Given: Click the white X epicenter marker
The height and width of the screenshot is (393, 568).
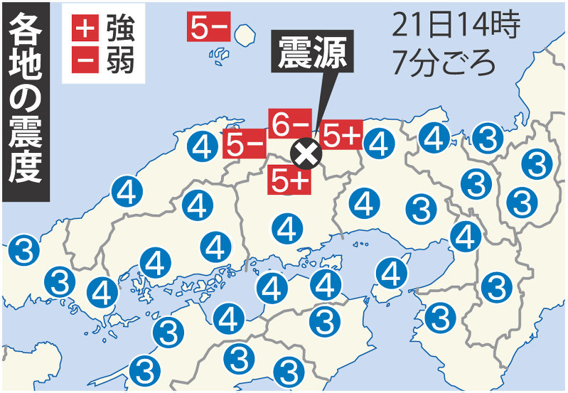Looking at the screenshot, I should coord(306,151).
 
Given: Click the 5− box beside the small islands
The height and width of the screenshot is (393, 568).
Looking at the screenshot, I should coord(208,28).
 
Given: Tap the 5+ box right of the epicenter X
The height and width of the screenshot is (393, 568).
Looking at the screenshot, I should coord(342,136).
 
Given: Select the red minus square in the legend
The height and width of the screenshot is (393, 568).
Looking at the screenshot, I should coord(85,61).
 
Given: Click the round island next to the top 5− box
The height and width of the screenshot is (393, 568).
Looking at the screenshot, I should coord(246,33).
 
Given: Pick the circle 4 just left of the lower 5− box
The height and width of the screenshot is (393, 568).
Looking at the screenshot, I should coord(203,148).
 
